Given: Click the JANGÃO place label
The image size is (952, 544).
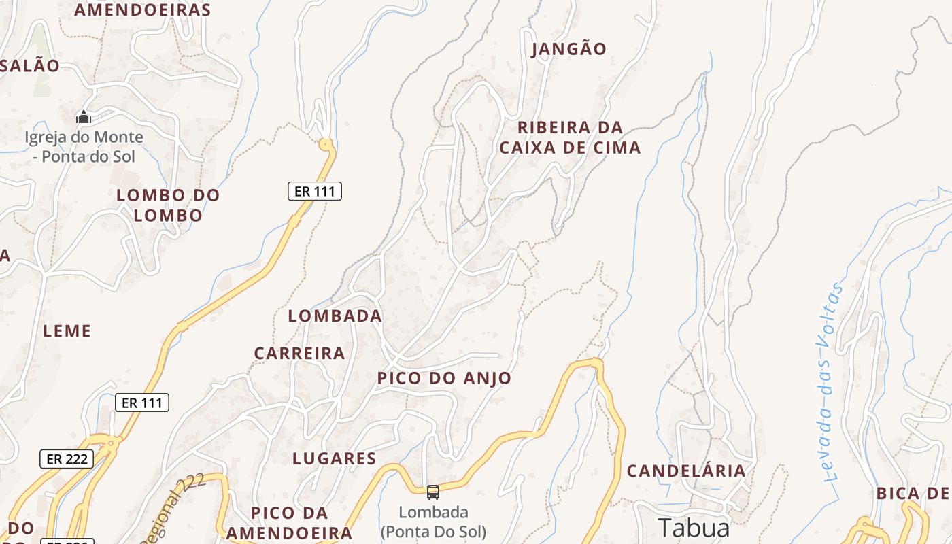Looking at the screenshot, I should tap(568, 49).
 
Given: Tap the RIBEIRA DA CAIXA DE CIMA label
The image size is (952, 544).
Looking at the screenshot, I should tap(570, 137).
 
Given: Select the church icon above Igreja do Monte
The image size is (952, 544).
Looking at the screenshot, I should tap(84, 118).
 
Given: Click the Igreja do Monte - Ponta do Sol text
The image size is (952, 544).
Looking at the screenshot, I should tap(84, 147).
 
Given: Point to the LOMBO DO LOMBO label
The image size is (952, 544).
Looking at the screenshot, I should tap(168, 205).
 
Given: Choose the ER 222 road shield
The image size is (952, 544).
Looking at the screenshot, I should tap(67, 459).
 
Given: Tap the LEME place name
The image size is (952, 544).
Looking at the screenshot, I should tap(67, 331).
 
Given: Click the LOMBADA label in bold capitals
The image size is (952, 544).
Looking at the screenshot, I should tap(335, 316).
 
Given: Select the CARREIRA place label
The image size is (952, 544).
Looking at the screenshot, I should tap(299, 354).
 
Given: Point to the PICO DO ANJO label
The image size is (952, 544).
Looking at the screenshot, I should tap(444, 378).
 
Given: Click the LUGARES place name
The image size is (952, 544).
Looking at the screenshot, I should tap(334, 459).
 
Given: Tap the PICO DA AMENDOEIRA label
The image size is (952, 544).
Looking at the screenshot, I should tap(289, 522).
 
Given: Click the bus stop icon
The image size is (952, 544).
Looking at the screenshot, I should tap(432, 492).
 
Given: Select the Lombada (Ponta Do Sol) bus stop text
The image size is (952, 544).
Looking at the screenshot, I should tap(433, 522).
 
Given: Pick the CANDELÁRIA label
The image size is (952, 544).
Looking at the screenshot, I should tap(685, 471).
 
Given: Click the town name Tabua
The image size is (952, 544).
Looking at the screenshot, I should tap(694, 528).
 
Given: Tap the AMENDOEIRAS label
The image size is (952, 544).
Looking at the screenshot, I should tap(142, 10).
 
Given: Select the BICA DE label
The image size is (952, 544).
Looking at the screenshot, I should tap(913, 493).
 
